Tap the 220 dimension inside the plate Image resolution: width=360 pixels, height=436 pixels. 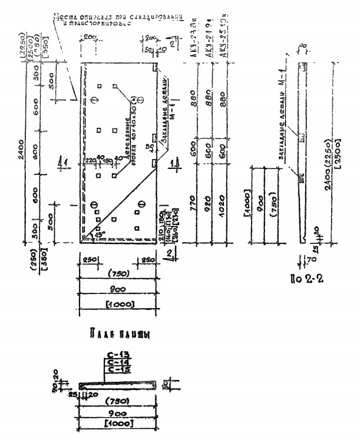(90, 160)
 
